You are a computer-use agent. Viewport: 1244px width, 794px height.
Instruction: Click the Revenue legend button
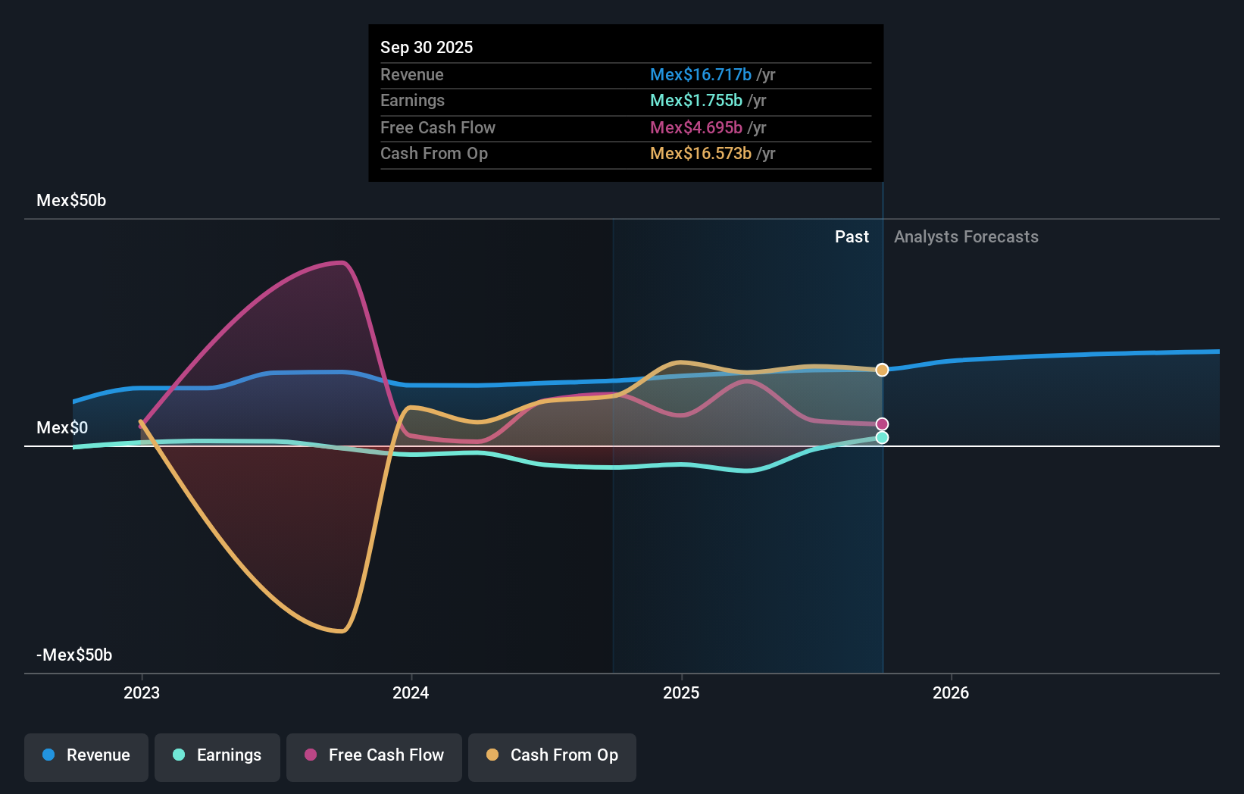pos(86,755)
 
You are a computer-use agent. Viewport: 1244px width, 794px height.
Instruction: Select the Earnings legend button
pos(217,755)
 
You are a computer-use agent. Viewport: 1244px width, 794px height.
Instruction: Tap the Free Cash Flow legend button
pos(374,755)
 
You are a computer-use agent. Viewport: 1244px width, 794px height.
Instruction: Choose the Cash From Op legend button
pos(552,755)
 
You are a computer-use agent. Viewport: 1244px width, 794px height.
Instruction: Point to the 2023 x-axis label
pos(142,692)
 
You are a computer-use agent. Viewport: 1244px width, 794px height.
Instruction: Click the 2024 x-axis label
pos(411,692)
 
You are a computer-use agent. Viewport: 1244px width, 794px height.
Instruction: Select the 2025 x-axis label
pos(681,692)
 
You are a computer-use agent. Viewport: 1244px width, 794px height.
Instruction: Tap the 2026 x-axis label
pos(951,692)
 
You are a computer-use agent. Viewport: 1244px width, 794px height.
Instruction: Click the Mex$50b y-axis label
pos(71,201)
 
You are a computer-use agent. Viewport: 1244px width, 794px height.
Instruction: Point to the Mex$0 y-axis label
pos(62,428)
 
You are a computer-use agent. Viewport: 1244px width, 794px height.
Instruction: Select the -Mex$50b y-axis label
pos(74,655)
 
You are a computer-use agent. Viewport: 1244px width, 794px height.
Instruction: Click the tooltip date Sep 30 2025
pos(427,47)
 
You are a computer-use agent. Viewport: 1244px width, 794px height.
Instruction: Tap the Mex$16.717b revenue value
pos(701,74)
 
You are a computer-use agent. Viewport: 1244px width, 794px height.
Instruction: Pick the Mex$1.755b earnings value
pos(696,100)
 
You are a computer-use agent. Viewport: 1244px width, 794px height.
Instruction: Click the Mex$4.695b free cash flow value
pos(696,127)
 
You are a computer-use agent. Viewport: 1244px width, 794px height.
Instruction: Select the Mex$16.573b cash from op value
pos(701,153)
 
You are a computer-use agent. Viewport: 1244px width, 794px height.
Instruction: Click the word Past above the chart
pos(852,236)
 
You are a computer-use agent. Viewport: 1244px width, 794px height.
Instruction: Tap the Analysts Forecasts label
pos(966,236)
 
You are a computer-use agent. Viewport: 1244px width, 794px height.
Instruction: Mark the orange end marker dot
pos(882,370)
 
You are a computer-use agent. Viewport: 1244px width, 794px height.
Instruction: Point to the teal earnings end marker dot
pos(882,437)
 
